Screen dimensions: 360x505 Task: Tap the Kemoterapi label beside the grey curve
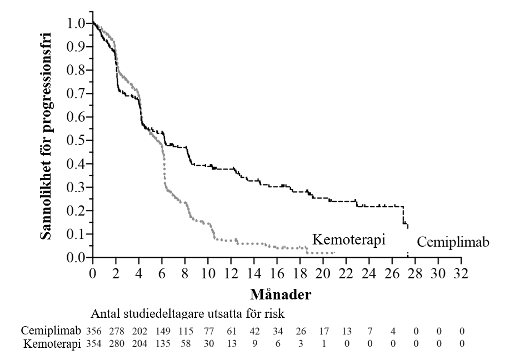349,239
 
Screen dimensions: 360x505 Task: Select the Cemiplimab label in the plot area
453,243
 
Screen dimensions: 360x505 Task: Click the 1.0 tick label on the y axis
76,24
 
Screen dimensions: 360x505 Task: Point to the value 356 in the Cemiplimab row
94,331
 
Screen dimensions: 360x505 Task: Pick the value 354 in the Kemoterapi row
94,344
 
